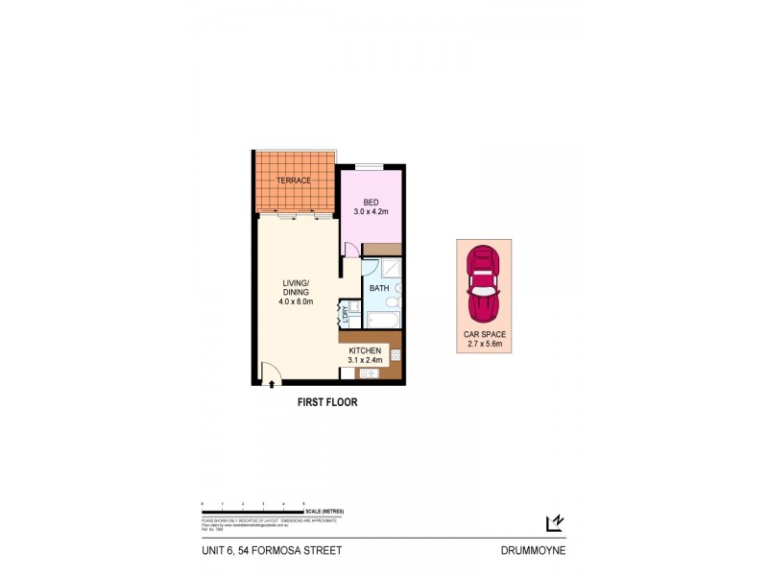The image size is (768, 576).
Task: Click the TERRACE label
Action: click(x=294, y=180)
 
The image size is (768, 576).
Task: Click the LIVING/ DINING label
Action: click(x=295, y=287)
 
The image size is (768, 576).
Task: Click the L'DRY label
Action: click(x=343, y=314)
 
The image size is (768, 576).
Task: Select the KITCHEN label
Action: click(x=366, y=350)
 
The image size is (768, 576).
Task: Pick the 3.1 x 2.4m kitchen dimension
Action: click(x=366, y=361)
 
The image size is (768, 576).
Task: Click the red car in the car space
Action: click(x=483, y=284)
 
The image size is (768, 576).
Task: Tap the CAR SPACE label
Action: click(x=483, y=334)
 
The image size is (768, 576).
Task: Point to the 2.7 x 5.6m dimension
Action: click(x=483, y=344)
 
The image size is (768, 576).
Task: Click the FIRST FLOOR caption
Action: click(x=327, y=403)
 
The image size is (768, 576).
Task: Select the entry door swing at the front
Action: click(x=268, y=372)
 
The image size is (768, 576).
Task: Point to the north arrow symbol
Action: click(x=554, y=522)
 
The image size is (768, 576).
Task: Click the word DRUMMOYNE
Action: click(x=532, y=551)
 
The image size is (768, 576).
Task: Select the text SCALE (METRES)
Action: click(x=325, y=511)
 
